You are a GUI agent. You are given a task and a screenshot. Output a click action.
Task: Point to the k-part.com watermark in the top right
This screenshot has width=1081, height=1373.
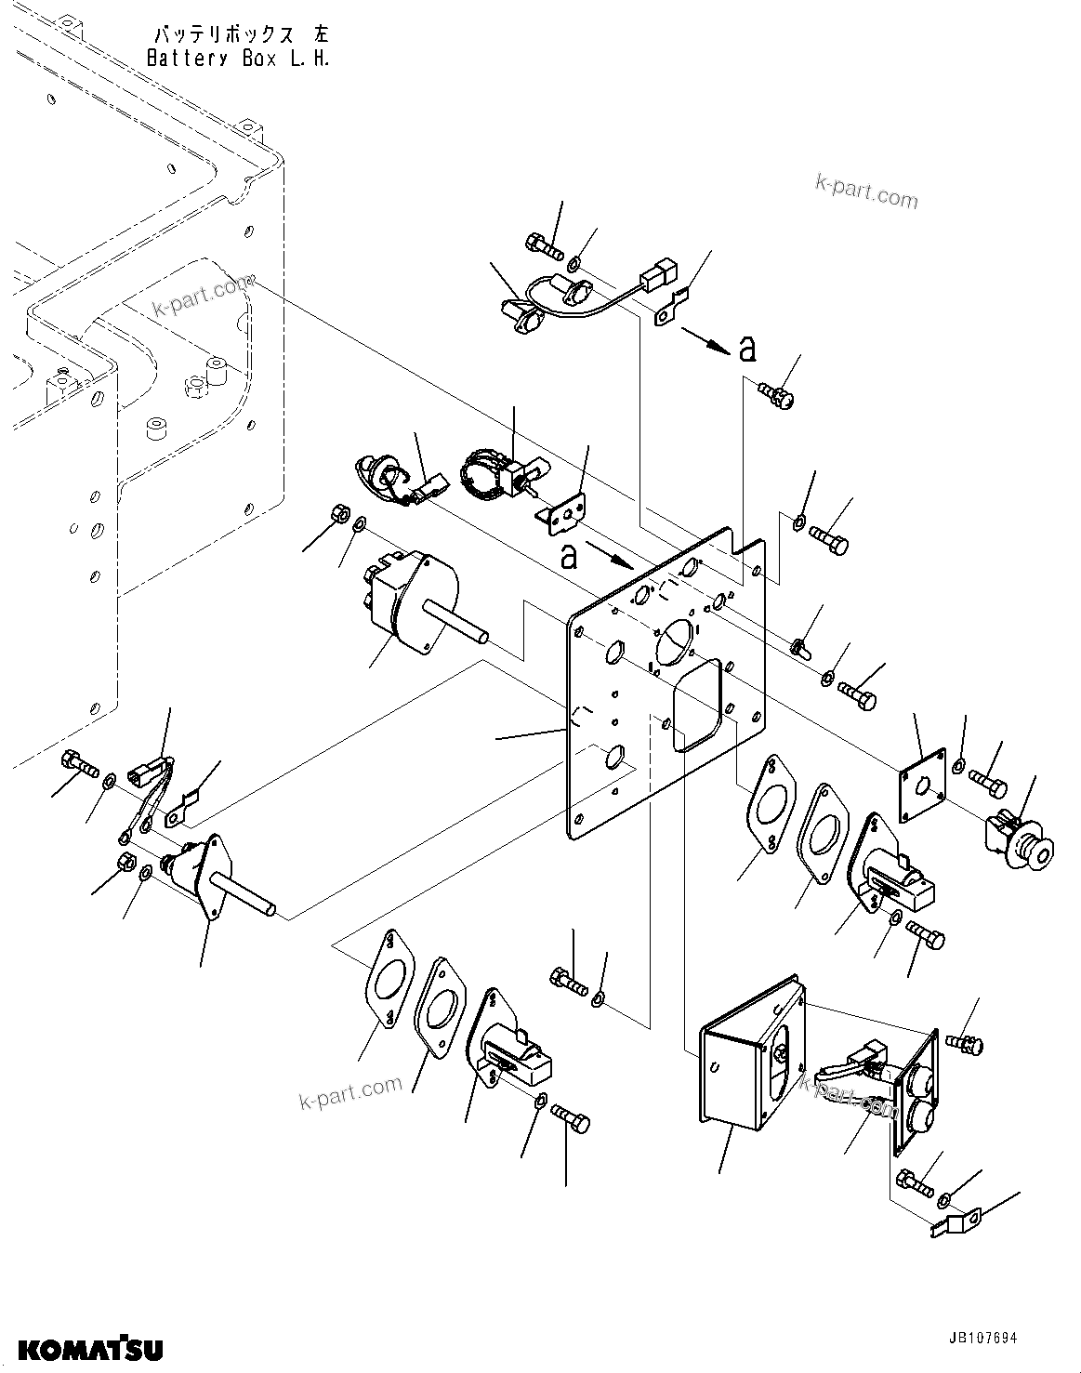point(865,193)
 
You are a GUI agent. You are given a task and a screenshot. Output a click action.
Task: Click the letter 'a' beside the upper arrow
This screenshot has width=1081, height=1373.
point(747,349)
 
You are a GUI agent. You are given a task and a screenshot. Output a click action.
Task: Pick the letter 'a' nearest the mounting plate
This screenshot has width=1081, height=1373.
point(568,556)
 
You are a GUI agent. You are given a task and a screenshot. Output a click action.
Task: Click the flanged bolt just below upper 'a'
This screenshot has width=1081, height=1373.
point(775,397)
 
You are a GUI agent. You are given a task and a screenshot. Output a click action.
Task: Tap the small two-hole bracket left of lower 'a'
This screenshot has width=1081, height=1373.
point(564,509)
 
